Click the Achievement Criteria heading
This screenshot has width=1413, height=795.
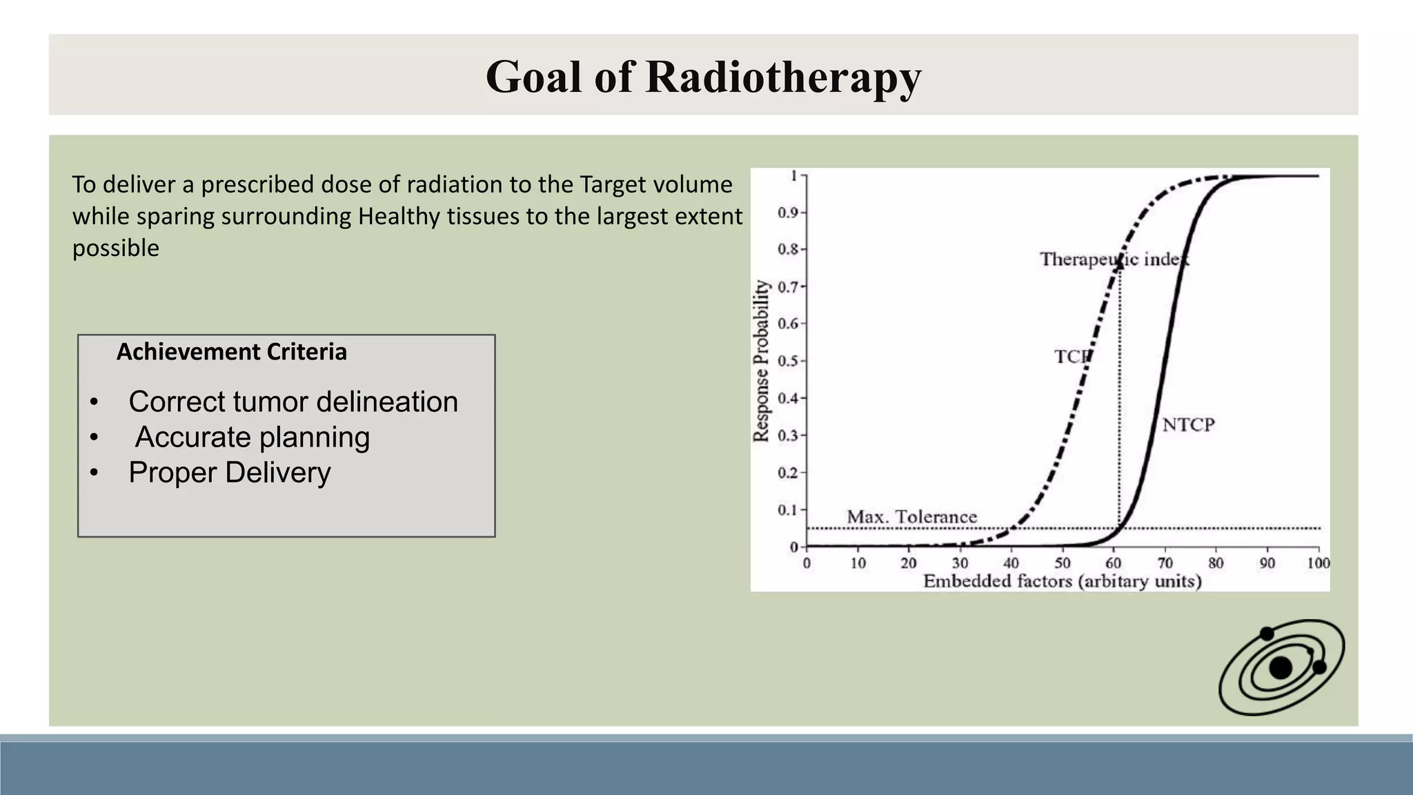pyautogui.click(x=231, y=352)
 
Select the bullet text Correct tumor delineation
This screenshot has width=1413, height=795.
pyautogui.click(x=293, y=402)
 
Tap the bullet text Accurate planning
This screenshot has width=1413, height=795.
pyautogui.click(x=252, y=437)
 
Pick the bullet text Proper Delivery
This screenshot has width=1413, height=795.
pyautogui.click(x=229, y=473)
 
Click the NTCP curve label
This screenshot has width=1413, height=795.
pyautogui.click(x=1188, y=424)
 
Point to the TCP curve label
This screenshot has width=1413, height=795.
pyautogui.click(x=1071, y=357)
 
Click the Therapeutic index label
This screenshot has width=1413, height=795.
pyautogui.click(x=1114, y=259)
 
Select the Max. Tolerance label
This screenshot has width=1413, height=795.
pyautogui.click(x=911, y=516)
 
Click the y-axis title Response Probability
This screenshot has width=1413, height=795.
pyautogui.click(x=760, y=360)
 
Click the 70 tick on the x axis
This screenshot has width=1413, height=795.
pyautogui.click(x=1165, y=563)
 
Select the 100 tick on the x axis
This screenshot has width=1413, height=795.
pyautogui.click(x=1318, y=563)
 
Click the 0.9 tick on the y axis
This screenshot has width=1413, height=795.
pyautogui.click(x=787, y=213)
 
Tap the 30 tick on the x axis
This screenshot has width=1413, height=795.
pyautogui.click(x=960, y=563)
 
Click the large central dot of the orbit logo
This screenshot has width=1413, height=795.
pyautogui.click(x=1281, y=667)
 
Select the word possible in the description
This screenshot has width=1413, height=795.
pyautogui.click(x=115, y=248)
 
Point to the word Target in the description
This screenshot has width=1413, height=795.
pyautogui.click(x=611, y=185)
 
